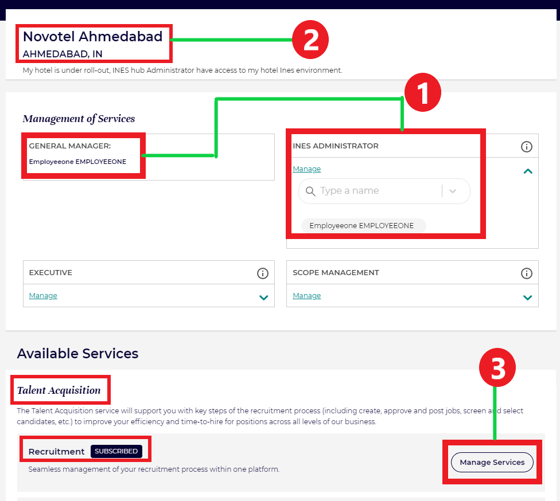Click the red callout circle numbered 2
point(310,40)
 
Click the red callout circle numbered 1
point(423,92)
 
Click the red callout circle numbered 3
point(497,367)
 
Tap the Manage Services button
point(492,462)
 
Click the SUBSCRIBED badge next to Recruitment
point(116,451)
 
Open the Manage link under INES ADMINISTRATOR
point(307,169)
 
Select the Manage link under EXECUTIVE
point(43,295)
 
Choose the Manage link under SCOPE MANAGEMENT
point(307,295)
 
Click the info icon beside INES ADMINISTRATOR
point(526,147)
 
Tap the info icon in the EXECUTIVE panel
point(263,273)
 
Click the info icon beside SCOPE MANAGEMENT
point(526,273)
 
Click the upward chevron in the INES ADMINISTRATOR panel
point(528,171)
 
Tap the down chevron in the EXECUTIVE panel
point(263,298)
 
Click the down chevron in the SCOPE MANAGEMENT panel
point(527,298)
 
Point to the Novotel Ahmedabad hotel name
point(92,36)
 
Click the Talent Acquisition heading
point(59,390)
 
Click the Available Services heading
point(77,354)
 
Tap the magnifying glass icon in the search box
point(310,191)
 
